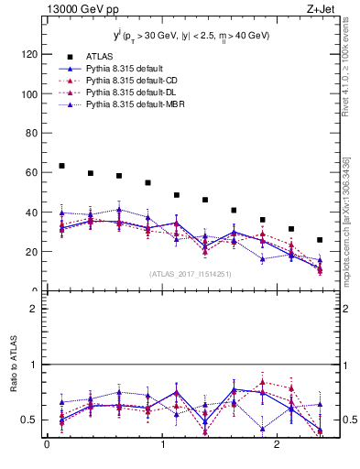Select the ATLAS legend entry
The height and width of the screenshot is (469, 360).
99,56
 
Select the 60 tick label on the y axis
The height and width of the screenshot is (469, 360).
30,172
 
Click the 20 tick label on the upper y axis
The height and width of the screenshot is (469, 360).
30,251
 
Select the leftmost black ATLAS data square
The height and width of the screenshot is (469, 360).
61,166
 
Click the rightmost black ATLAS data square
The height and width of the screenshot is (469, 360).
320,240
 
